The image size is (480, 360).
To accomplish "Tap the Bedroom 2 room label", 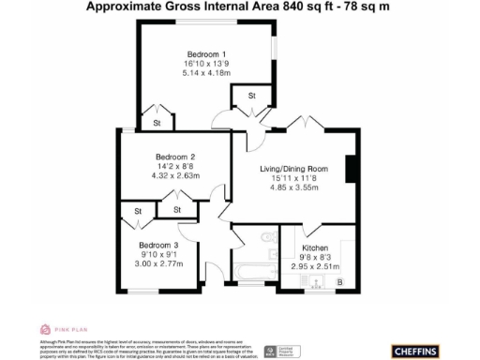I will (x=175, y=156).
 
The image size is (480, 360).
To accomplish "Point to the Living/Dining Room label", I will (x=296, y=168).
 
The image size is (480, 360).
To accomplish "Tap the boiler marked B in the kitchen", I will (x=339, y=280).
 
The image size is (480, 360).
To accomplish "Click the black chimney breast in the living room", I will (x=350, y=169).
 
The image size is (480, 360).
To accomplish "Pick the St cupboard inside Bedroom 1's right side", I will (x=251, y=97).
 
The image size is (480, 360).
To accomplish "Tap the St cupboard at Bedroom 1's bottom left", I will (x=157, y=122).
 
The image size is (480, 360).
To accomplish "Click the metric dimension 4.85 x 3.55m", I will (x=296, y=187).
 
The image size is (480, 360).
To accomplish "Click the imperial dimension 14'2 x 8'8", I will (x=175, y=166).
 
